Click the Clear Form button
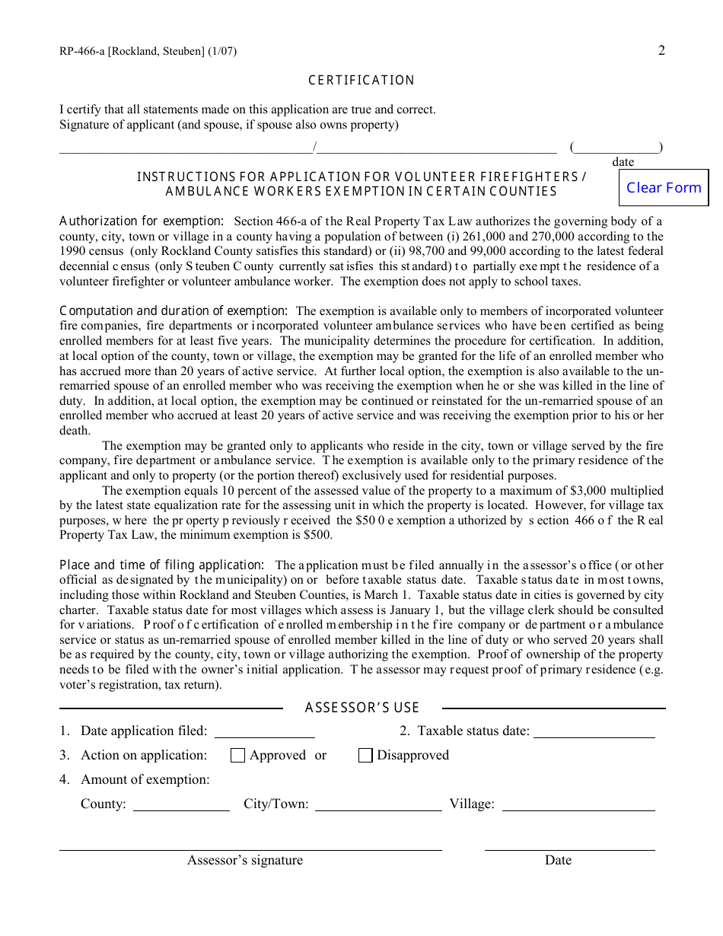[x=664, y=188]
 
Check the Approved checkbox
[x=237, y=755]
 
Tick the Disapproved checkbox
[x=365, y=755]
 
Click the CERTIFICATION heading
[x=361, y=81]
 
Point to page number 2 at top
[x=661, y=50]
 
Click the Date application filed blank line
[x=264, y=732]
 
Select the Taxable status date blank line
[x=594, y=732]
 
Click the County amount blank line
[x=181, y=805]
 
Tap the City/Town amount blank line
[x=378, y=805]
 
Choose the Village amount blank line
[x=578, y=805]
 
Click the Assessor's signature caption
[x=245, y=860]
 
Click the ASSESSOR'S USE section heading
[x=362, y=708]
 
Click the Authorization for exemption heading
[x=142, y=221]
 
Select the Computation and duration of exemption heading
[x=174, y=311]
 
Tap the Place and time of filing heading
[x=162, y=565]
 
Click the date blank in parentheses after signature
[x=616, y=148]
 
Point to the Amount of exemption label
[x=145, y=779]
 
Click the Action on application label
[x=144, y=755]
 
